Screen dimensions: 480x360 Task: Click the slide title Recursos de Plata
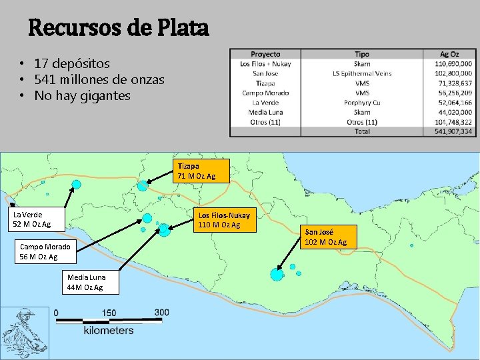point(118,28)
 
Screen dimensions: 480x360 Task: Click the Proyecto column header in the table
point(265,54)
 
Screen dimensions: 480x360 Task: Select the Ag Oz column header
point(449,54)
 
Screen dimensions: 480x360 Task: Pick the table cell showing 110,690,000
point(453,64)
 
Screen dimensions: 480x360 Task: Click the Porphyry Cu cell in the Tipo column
point(362,103)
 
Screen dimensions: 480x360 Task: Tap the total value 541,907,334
point(453,132)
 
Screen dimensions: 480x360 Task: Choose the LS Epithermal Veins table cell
point(362,73)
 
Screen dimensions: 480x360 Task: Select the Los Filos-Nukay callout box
point(224,220)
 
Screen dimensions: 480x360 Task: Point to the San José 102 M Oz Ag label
point(326,237)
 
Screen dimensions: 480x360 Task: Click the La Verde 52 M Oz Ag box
point(32,219)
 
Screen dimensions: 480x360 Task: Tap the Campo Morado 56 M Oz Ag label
point(45,251)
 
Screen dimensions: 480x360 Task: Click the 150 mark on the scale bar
point(109,313)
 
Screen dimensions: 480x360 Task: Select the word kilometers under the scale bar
point(109,330)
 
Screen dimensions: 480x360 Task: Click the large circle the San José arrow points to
point(277,274)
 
